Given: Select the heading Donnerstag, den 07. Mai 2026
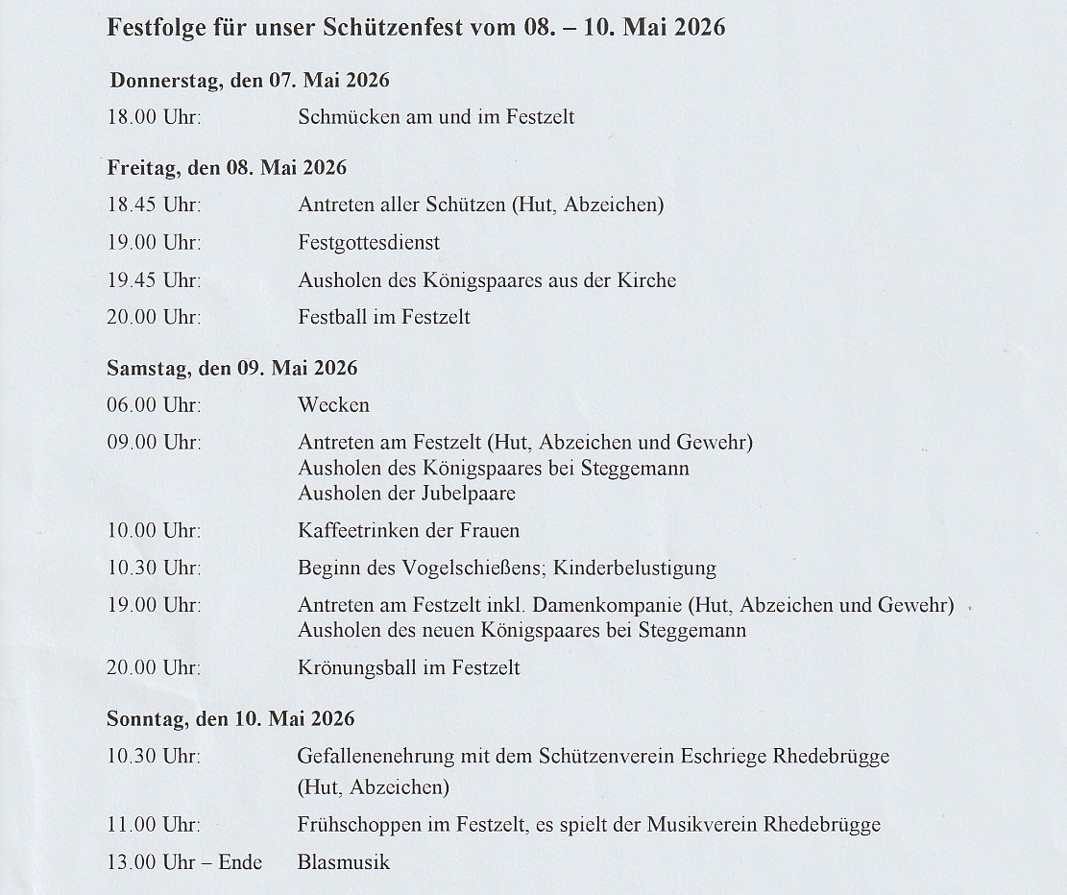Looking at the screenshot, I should [x=249, y=80].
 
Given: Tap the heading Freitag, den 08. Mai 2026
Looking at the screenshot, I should [x=227, y=167].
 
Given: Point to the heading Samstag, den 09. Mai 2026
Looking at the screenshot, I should [x=232, y=368].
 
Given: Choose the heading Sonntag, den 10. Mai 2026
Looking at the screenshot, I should [x=230, y=718].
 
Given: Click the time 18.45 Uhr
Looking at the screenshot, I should [x=154, y=205].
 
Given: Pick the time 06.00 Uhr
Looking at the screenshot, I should [x=154, y=405].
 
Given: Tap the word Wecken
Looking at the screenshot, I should [x=333, y=405].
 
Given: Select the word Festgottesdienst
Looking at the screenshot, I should [x=369, y=243].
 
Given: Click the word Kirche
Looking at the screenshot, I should [x=644, y=280].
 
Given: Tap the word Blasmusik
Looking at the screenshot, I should [x=344, y=861].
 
